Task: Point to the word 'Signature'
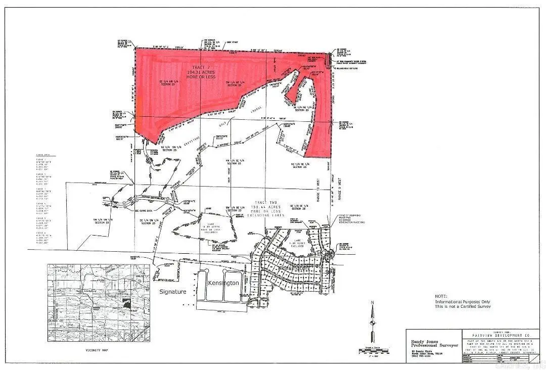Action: coord(173,292)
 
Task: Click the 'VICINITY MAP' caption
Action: coord(98,350)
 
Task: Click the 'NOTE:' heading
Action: coord(441,296)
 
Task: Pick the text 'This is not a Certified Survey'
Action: coord(463,307)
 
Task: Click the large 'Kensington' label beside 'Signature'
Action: coord(223,283)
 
